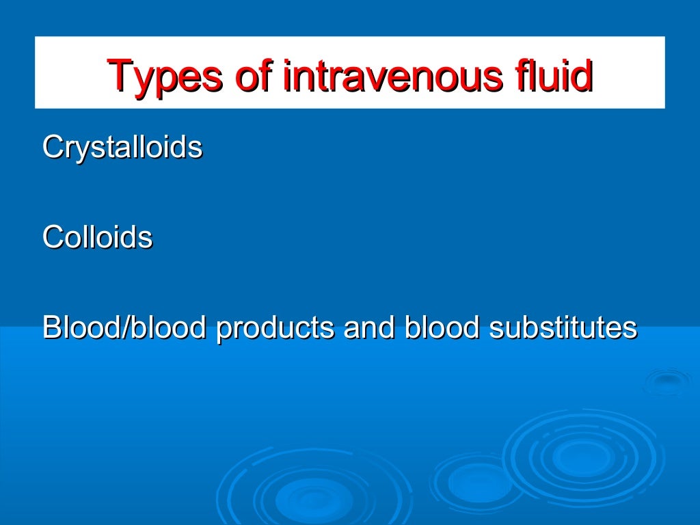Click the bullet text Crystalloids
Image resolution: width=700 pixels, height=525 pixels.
122,148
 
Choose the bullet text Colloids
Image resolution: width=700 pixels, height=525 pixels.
97,238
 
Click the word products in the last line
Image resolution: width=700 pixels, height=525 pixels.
275,328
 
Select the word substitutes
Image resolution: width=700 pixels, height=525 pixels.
563,328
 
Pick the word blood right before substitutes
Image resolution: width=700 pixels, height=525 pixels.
442,328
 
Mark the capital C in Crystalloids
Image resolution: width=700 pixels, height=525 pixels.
52,148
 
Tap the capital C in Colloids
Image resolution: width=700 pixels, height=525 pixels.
52,238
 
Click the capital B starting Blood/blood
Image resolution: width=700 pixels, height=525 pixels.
51,328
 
